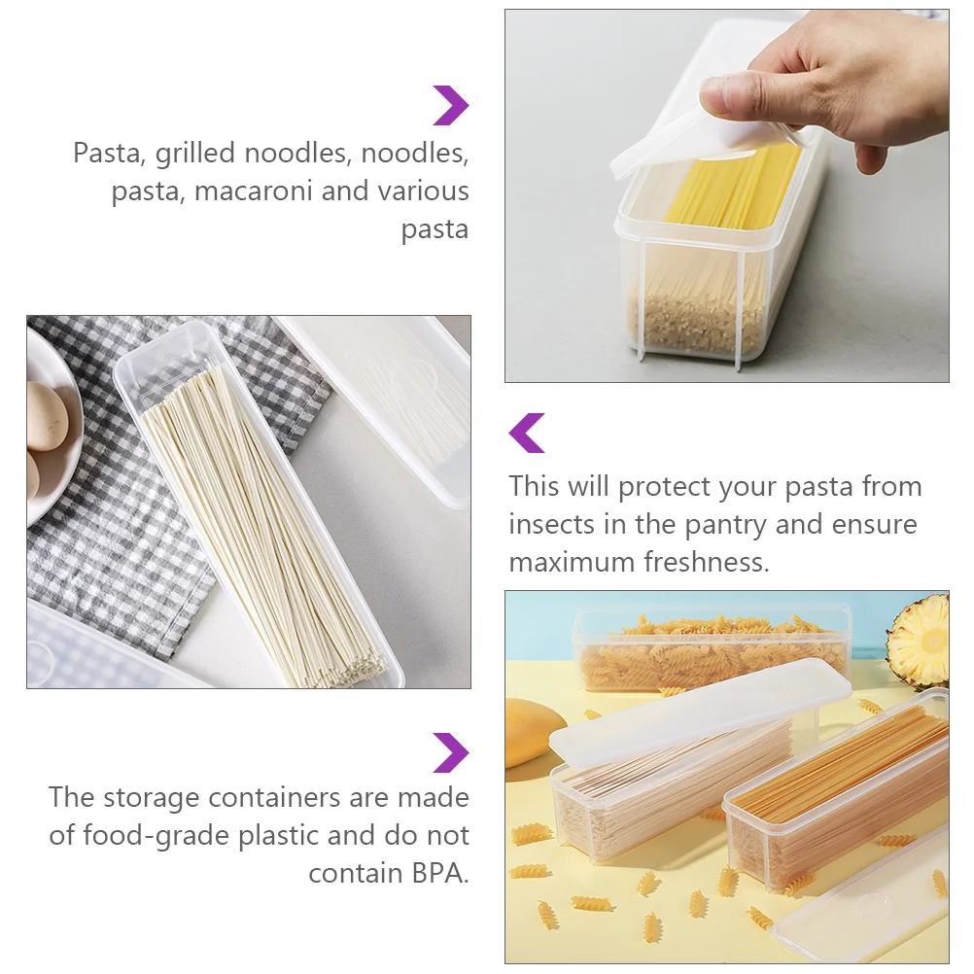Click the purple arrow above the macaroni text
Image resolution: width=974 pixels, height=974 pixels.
point(451,106)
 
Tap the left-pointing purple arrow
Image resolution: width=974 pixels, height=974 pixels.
point(526,433)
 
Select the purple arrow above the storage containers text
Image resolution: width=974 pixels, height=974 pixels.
point(451,753)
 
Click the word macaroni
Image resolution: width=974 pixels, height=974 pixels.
point(253,191)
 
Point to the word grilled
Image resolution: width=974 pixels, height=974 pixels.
point(195,154)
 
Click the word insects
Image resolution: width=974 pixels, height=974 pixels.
point(551,525)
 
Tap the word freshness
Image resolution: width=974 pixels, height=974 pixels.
point(707,562)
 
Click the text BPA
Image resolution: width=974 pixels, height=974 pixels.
point(438,874)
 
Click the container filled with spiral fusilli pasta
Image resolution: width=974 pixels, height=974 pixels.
point(712,649)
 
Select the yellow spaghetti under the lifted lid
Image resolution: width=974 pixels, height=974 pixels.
point(733,187)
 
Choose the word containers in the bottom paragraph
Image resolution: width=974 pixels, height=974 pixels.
point(274,798)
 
